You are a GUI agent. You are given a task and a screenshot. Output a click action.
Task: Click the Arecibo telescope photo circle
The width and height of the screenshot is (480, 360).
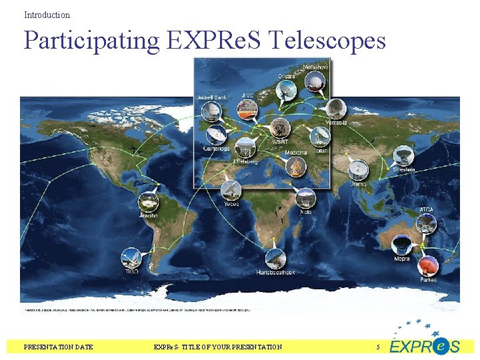tap(148, 201)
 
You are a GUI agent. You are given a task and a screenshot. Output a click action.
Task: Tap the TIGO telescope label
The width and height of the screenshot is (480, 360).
tap(131, 271)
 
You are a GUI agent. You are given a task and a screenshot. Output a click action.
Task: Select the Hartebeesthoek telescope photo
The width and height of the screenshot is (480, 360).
tap(275, 258)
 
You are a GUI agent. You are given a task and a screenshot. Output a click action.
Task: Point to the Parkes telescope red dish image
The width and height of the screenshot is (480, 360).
tap(427, 266)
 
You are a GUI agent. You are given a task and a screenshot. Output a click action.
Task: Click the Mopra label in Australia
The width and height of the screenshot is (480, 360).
tap(402, 259)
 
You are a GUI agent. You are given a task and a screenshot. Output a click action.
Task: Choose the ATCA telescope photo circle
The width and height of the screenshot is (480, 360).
tap(426, 223)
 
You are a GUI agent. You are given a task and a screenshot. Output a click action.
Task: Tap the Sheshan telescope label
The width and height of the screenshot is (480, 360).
tap(403, 169)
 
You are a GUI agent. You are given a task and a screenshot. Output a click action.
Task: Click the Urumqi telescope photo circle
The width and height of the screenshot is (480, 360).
tap(358, 169)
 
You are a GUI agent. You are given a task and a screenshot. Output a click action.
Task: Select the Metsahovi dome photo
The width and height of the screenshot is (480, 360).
tap(315, 81)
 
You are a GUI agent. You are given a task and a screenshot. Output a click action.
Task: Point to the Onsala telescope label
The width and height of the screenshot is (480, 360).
tap(287, 75)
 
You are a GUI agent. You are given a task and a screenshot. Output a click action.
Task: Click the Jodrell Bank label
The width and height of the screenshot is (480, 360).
tap(211, 97)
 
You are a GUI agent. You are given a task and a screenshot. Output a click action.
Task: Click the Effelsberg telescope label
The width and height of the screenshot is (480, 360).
tap(245, 160)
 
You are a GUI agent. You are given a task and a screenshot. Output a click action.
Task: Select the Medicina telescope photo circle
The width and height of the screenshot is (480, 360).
tap(297, 167)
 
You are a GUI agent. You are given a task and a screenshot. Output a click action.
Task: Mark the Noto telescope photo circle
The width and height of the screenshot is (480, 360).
tap(305, 198)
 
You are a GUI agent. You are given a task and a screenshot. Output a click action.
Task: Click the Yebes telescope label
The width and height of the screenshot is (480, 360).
tap(231, 204)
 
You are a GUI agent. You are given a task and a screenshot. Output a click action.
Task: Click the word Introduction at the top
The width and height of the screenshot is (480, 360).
tap(47, 15)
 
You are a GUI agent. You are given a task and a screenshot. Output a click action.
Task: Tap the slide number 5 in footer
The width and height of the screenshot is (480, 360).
tap(378, 347)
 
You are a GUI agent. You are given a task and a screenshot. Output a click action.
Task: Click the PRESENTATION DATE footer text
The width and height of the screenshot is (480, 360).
tap(59, 347)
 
